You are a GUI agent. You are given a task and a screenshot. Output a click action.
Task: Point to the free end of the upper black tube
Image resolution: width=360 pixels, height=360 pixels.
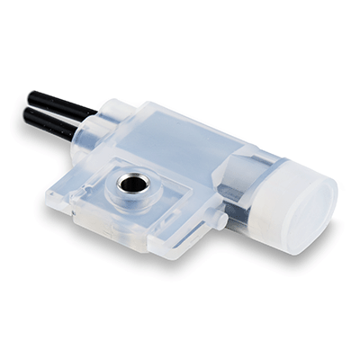(x=32, y=95)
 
